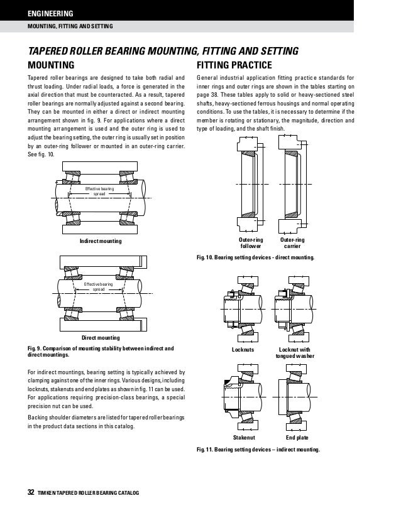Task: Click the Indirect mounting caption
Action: click(x=101, y=241)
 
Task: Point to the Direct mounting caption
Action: click(x=101, y=338)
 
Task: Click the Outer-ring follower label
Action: click(x=251, y=244)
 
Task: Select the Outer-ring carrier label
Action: click(x=292, y=244)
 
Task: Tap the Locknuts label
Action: click(x=243, y=349)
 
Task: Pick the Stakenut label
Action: click(x=243, y=437)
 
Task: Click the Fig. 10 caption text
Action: click(x=256, y=258)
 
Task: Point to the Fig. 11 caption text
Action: click(x=258, y=450)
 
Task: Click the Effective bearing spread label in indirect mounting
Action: click(x=99, y=191)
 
